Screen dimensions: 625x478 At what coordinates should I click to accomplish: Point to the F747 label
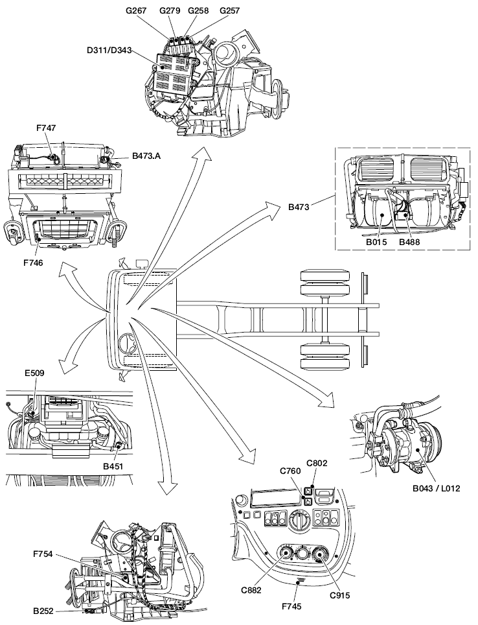(x=46, y=129)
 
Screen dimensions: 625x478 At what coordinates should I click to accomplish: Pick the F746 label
(x=34, y=263)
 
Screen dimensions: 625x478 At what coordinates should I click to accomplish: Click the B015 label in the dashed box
(x=376, y=241)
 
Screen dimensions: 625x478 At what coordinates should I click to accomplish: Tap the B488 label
(x=410, y=241)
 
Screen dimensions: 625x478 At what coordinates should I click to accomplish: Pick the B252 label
(x=45, y=611)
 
